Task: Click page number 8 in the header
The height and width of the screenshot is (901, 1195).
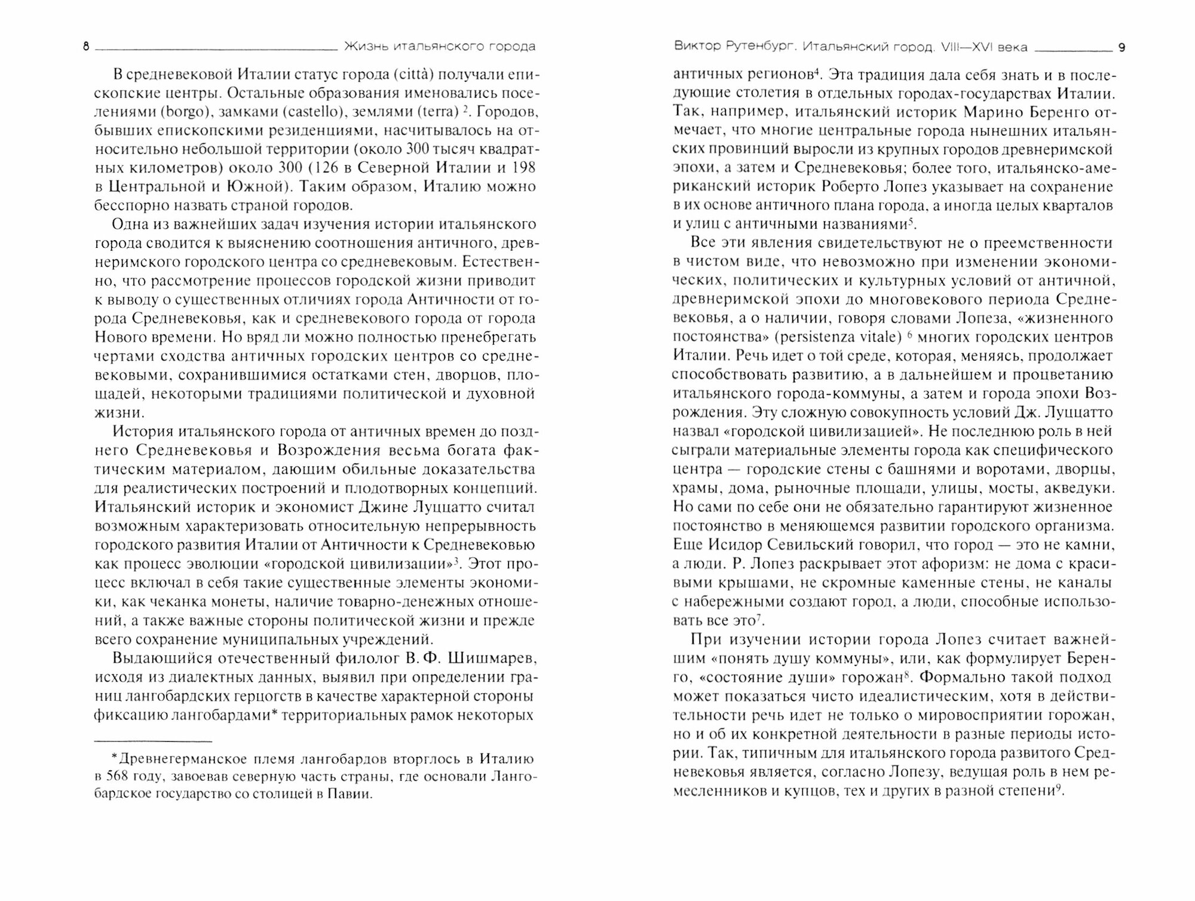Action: pyautogui.click(x=86, y=47)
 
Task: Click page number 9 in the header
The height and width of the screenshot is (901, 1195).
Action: pyautogui.click(x=1121, y=48)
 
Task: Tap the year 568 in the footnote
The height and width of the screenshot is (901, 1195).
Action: pyautogui.click(x=119, y=777)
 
